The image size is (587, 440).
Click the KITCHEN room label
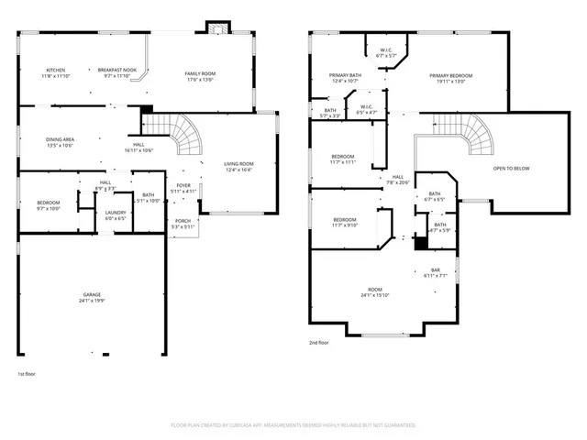tap(56, 71)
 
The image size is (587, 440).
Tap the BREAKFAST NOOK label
tap(117, 71)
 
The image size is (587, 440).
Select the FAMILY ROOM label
tap(199, 73)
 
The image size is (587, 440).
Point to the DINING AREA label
tap(61, 139)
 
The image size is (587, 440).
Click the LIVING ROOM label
tap(238, 164)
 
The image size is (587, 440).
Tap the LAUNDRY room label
tap(116, 213)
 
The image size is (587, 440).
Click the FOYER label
tap(183, 185)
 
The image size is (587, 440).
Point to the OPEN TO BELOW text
tap(511, 169)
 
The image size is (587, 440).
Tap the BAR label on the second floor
tap(436, 270)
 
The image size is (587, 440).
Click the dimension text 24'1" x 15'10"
tap(374, 295)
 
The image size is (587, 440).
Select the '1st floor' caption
tap(27, 374)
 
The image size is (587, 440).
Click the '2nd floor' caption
tap(318, 342)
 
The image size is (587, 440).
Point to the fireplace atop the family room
tap(216, 27)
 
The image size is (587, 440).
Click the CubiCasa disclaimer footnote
tap(293, 425)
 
